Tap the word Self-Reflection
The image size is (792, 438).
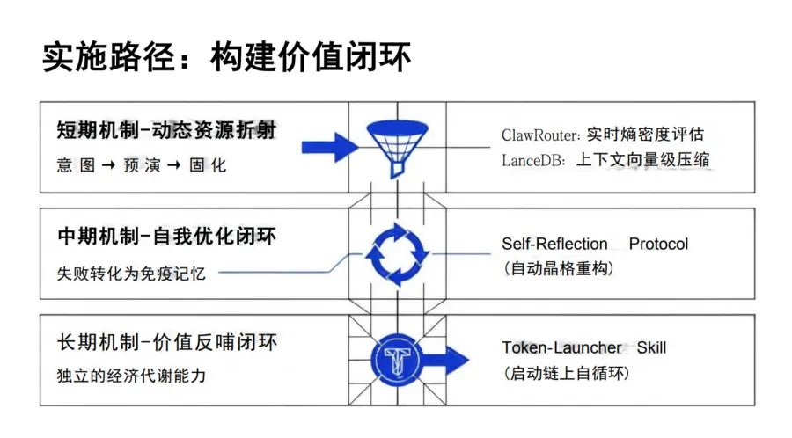click(554, 244)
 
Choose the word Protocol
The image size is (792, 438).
click(658, 244)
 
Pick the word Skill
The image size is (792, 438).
click(651, 347)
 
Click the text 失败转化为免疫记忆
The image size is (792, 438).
click(131, 273)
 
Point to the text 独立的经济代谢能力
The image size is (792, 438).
click(131, 376)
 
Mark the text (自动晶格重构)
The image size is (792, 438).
click(558, 268)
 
